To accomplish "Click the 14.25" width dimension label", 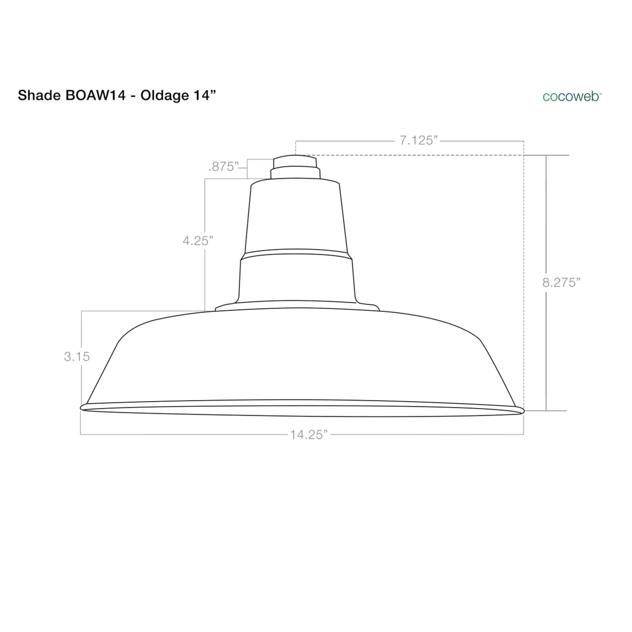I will pos(309,434).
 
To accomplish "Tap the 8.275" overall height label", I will pos(561,283).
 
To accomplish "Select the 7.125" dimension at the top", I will pos(418,141).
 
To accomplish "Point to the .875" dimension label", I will pos(223,167).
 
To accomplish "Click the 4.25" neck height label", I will pos(196,241).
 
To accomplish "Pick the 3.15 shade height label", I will pos(77,357).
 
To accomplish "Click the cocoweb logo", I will pos(571,96).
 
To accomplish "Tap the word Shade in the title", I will pos(38,95).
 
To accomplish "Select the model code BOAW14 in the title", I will pos(95,95).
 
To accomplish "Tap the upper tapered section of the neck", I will pos(296,218).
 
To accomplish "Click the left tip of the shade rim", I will pos(83,407).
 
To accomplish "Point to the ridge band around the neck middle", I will pos(296,253).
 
